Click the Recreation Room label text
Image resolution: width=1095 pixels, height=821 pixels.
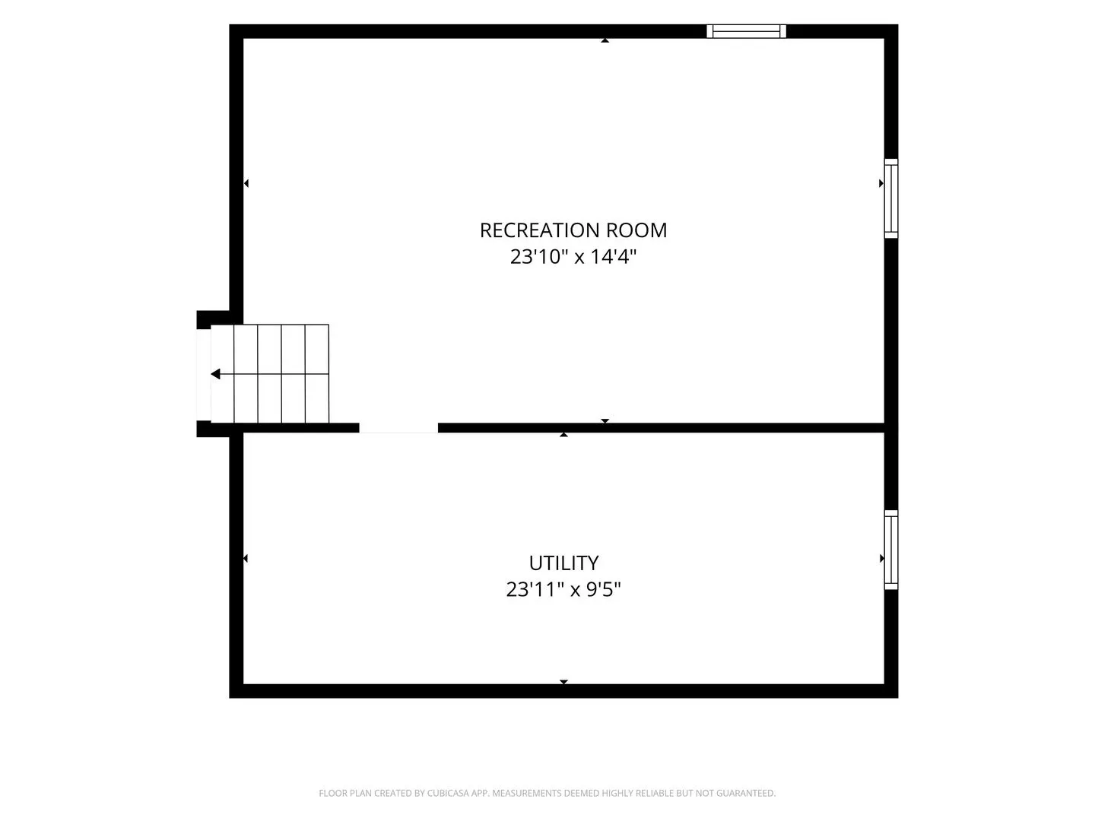[x=573, y=230]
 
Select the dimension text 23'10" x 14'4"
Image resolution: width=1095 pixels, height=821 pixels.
[x=573, y=257]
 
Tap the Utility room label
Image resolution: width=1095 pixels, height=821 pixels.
[x=563, y=563]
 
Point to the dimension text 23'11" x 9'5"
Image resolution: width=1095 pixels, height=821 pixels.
[x=563, y=589]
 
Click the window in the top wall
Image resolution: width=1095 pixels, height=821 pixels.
[x=746, y=31]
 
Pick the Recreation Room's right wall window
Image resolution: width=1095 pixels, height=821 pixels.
[x=891, y=198]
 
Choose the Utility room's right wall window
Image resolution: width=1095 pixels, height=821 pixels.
[x=891, y=550]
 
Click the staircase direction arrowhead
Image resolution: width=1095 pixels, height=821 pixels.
[x=215, y=374]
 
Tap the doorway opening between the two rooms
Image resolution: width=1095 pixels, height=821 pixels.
[x=398, y=428]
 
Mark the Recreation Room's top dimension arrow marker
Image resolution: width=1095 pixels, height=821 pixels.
[x=605, y=40]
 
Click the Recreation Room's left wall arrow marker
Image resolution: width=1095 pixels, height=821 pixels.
[x=246, y=183]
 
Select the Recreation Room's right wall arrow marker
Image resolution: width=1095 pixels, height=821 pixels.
[x=881, y=183]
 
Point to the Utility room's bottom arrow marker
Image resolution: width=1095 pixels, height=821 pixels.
[x=563, y=682]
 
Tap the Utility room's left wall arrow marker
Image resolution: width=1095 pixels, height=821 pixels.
[x=246, y=558]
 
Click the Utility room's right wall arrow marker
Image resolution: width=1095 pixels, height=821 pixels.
[x=882, y=558]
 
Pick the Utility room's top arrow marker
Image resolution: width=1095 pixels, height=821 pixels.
[x=563, y=435]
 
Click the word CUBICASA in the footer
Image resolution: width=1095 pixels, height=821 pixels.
[x=447, y=793]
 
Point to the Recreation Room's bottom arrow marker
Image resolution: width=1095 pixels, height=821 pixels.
[x=605, y=420]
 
